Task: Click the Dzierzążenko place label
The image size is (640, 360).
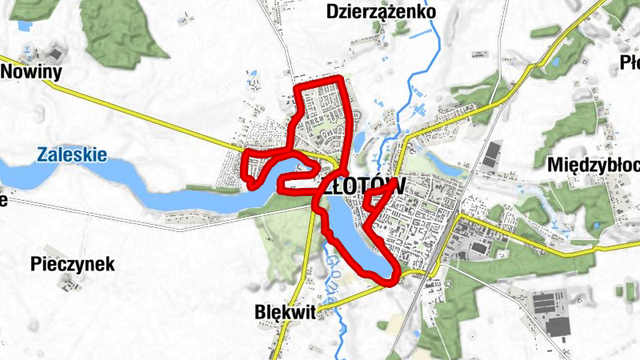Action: pos(382,12)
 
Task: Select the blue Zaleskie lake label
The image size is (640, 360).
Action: pos(71,154)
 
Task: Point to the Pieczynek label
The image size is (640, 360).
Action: pos(72,263)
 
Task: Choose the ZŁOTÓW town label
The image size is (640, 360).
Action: pos(365,185)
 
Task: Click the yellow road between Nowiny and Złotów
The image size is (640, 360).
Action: pos(160,120)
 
